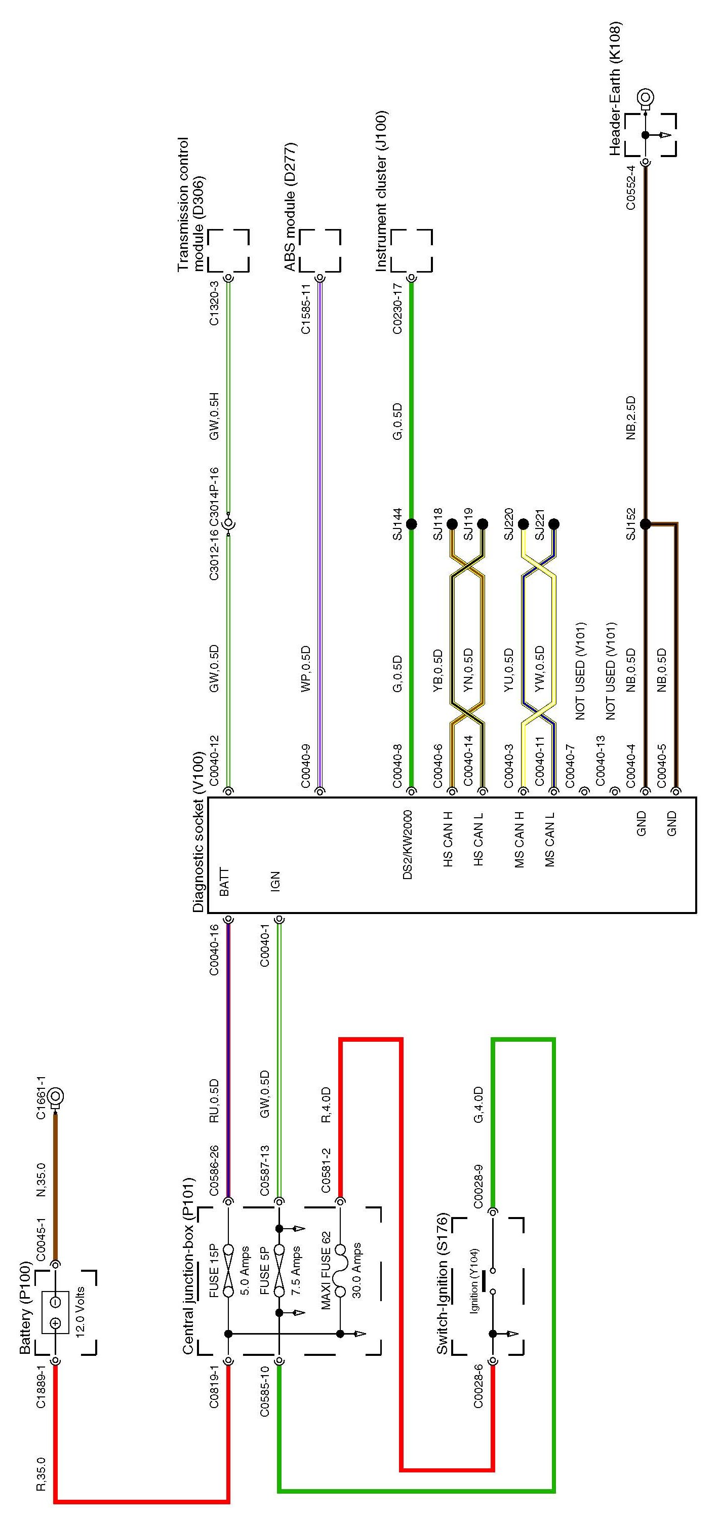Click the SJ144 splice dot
(411, 524)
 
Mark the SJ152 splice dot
(646, 524)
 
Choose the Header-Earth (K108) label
(615, 88)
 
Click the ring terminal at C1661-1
(57, 1096)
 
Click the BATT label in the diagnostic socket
(224, 882)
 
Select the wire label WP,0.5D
(306, 669)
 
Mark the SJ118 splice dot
(452, 524)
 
